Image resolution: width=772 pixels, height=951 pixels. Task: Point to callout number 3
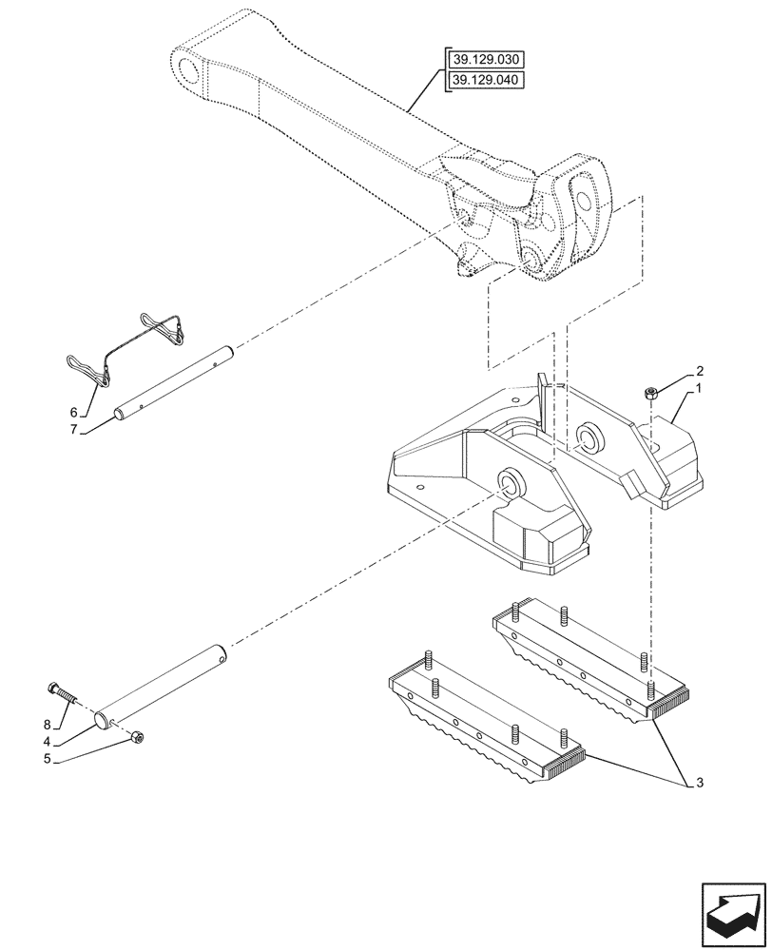coord(701,783)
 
